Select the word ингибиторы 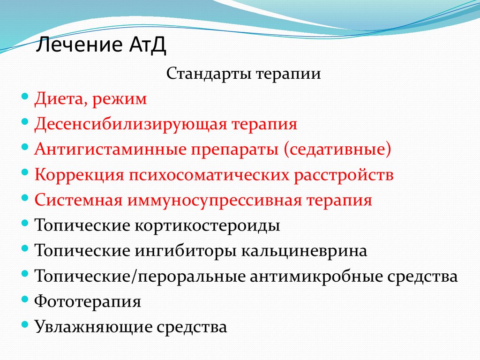pyautogui.click(x=186, y=251)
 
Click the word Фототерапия pyautogui.click(x=88, y=301)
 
